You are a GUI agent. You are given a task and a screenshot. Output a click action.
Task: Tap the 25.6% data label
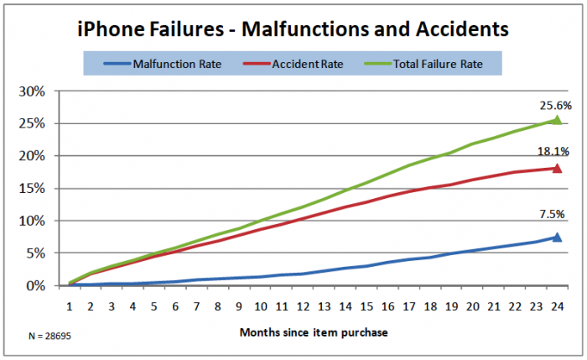pos(556,106)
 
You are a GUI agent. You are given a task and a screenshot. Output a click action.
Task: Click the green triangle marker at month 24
pos(556,120)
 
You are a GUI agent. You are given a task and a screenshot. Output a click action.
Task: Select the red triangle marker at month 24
pos(556,168)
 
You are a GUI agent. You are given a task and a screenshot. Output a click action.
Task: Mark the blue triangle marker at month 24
pos(556,237)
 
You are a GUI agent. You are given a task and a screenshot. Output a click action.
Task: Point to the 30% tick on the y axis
pos(44,91)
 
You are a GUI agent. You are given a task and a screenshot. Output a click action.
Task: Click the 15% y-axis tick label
pos(44,189)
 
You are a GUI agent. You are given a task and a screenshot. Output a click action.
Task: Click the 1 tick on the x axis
pos(70,305)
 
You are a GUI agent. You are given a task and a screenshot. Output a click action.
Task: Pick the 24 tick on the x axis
pos(556,305)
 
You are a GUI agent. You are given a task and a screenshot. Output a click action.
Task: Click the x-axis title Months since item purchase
pos(313,331)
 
